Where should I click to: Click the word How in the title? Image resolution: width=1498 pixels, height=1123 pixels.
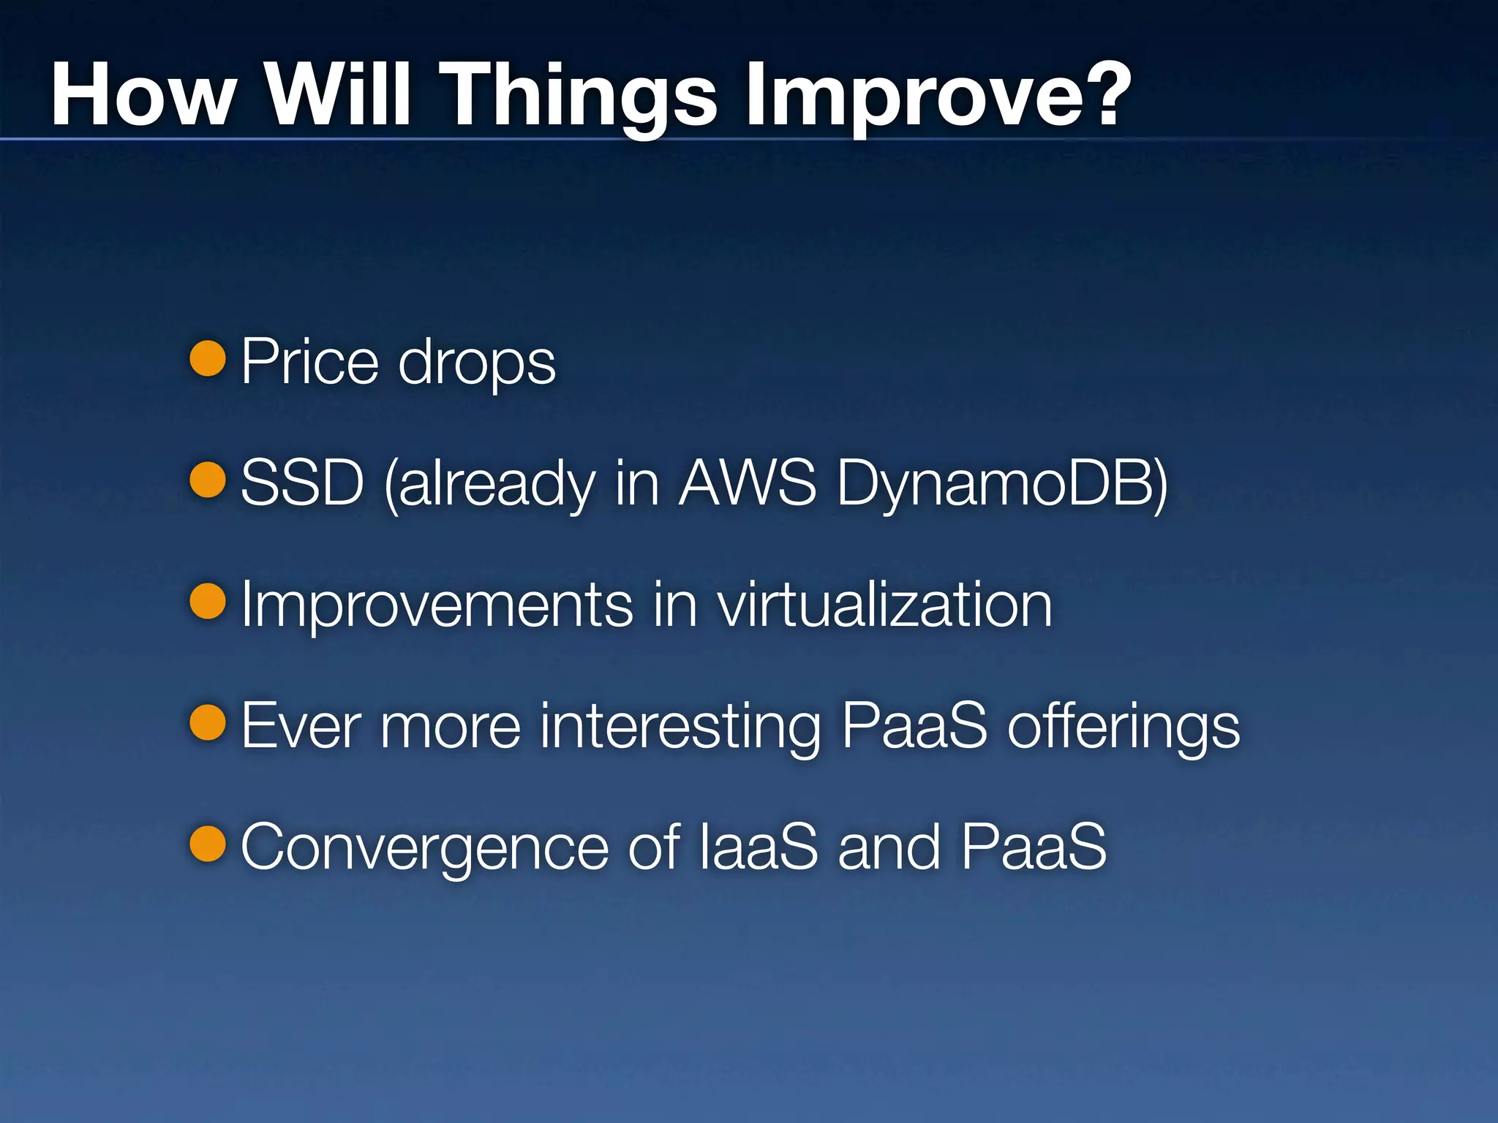143,95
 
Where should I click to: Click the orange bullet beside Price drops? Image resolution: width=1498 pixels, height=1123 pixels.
208,358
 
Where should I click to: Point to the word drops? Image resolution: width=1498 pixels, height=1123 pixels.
476,363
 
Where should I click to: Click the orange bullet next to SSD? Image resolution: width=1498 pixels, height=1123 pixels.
208,480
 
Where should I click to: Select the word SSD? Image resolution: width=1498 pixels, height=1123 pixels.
302,483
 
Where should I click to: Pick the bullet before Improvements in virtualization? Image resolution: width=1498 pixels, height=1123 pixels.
208,601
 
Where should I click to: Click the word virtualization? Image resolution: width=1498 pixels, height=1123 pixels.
884,605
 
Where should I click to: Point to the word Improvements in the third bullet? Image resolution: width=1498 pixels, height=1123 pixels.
437,605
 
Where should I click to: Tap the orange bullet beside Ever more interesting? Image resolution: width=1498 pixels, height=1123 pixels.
208,722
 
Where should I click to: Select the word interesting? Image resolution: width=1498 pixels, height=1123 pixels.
680,727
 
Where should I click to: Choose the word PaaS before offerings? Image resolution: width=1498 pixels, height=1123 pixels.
914,725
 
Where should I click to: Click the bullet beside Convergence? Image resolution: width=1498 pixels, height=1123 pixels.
208,844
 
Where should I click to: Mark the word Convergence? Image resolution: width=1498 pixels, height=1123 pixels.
424,848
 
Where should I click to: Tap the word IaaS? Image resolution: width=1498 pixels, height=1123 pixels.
759,847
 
